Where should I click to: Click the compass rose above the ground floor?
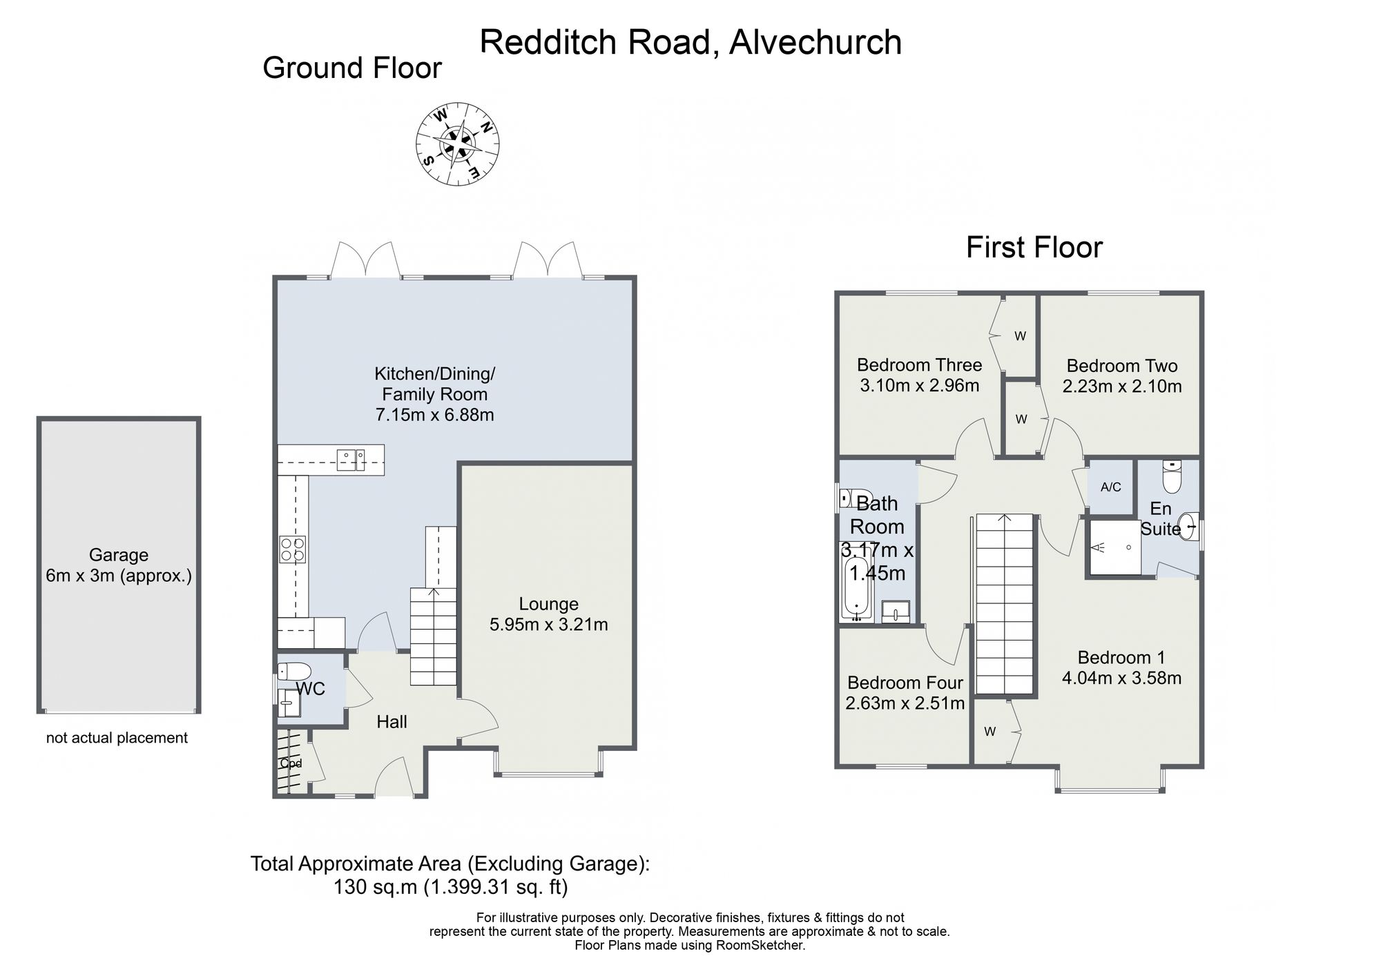point(457,144)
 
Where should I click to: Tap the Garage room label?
point(119,555)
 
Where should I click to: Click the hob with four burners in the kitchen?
point(293,549)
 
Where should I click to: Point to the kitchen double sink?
point(351,460)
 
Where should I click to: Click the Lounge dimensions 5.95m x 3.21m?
point(549,625)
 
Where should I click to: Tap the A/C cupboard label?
point(1111,487)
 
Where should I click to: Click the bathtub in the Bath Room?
point(856,589)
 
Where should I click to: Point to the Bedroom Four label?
point(905,683)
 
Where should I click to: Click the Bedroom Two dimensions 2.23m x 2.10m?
point(1122,387)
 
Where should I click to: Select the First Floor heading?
point(1034,248)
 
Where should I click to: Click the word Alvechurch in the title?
point(815,42)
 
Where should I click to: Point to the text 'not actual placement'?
point(117,738)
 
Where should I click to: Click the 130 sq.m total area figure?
point(376,887)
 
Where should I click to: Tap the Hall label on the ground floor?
point(392,722)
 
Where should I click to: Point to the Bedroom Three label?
point(919,365)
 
